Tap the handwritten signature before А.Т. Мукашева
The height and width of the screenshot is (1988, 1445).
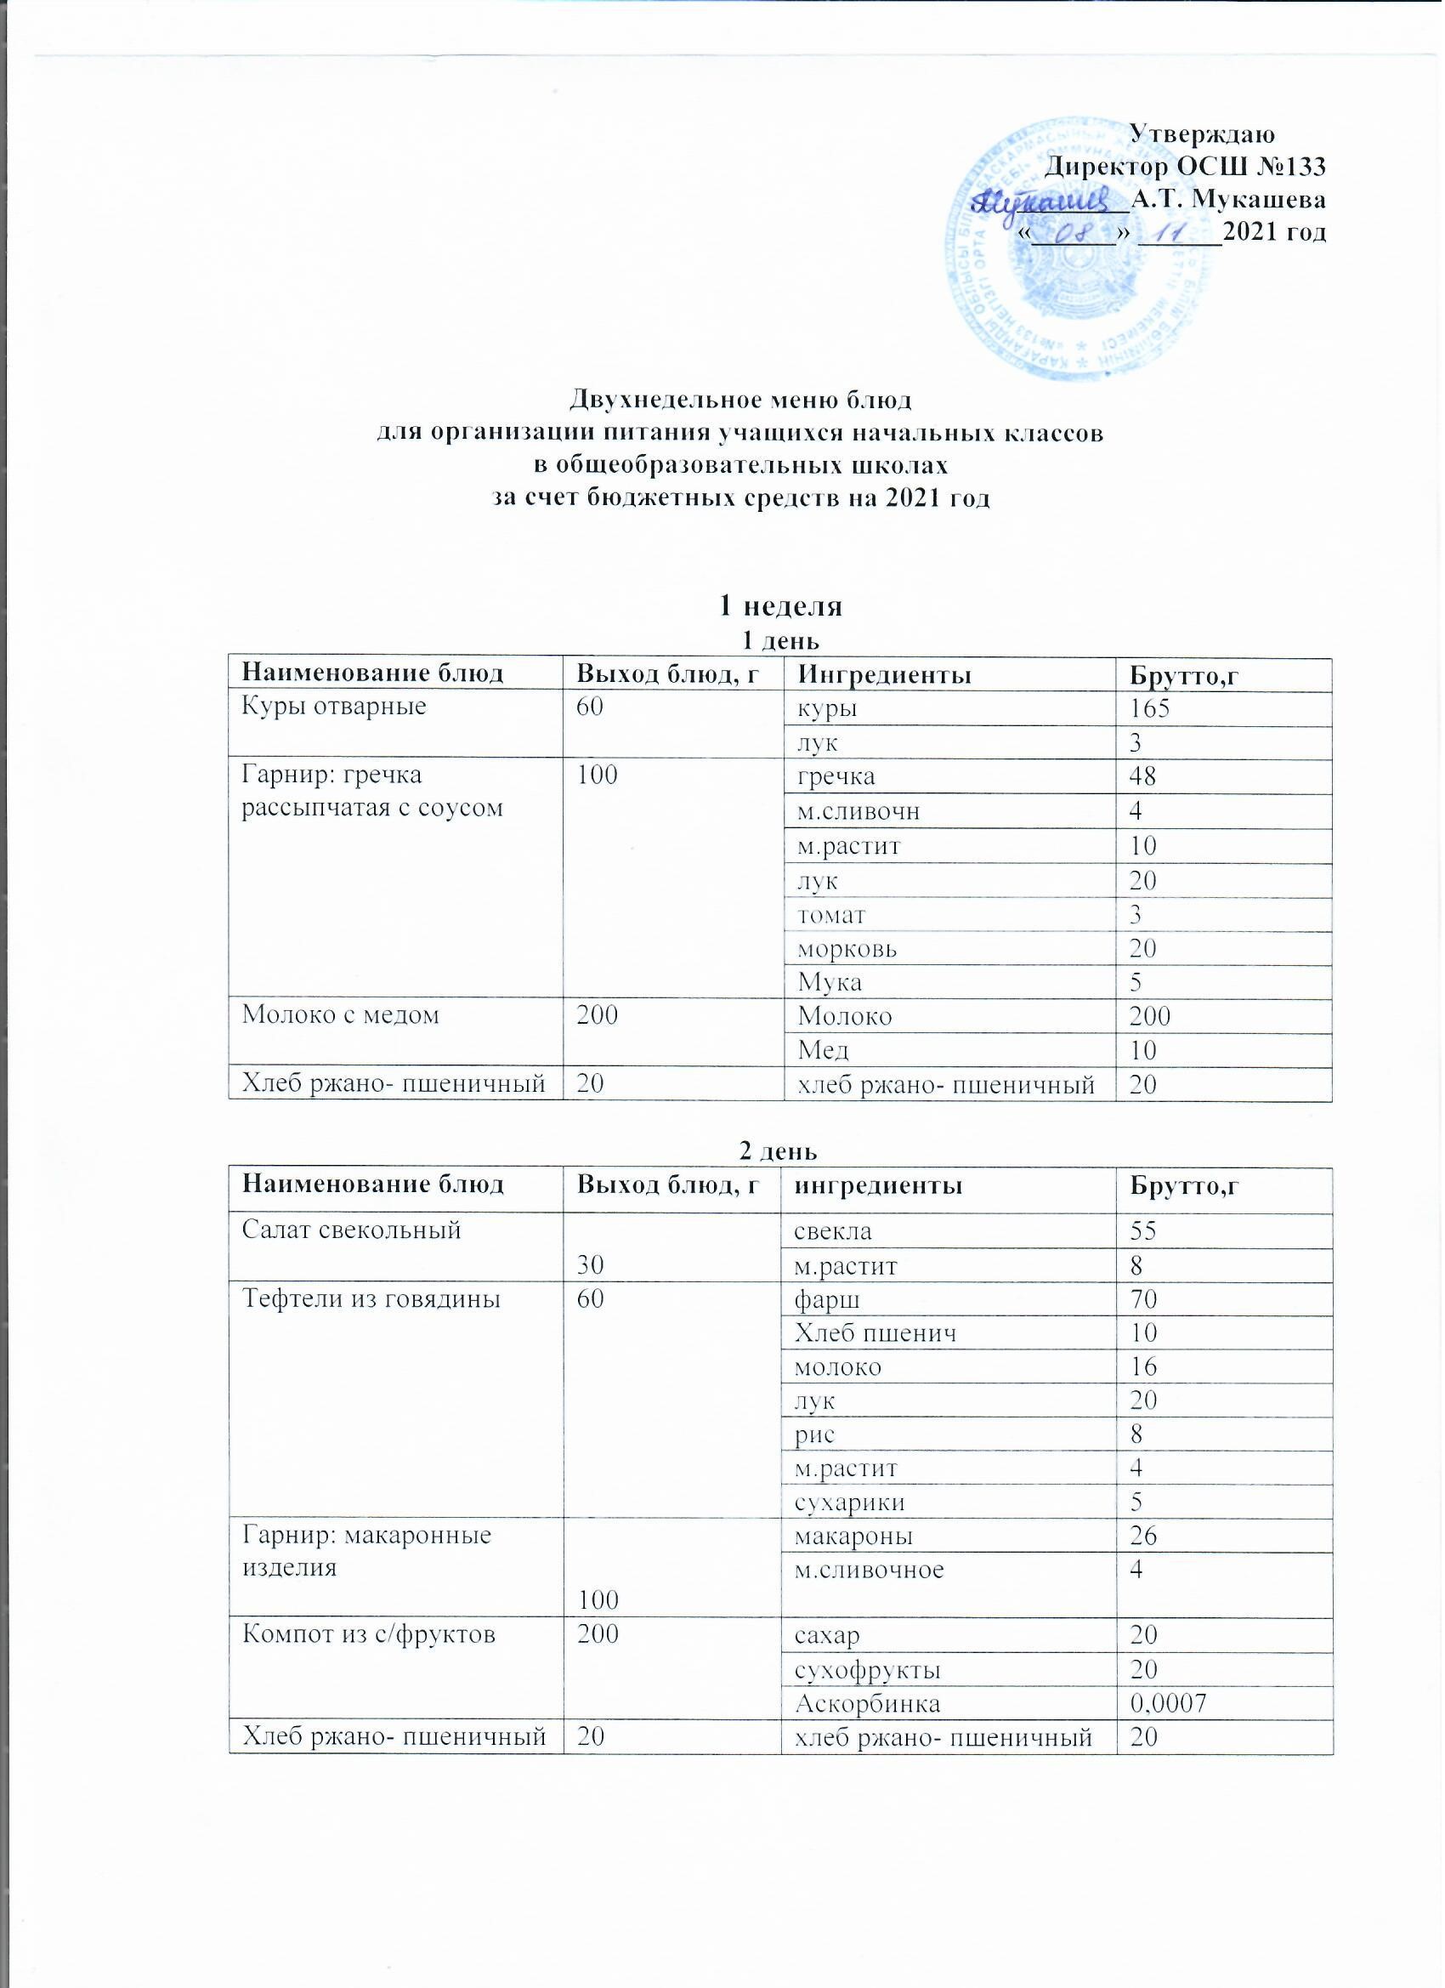(1046, 198)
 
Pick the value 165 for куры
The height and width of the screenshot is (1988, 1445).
(1151, 708)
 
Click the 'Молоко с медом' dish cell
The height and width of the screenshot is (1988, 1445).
(340, 1016)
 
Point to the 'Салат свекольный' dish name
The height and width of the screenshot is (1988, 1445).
(351, 1230)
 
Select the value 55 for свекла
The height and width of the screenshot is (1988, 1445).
(1143, 1230)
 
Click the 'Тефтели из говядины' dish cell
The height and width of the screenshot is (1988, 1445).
(371, 1299)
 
